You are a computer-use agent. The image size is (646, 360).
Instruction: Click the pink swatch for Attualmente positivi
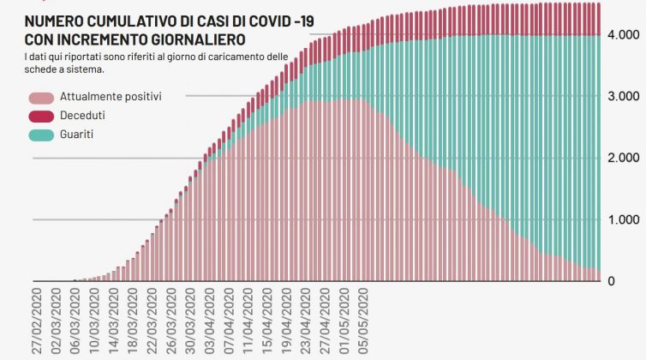40,97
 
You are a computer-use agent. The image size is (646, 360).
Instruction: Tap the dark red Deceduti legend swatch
40,116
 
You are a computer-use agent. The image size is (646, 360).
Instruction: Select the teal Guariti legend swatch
40,135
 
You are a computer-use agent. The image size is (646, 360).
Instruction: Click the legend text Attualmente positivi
111,97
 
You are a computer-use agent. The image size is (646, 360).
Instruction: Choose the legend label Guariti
77,135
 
